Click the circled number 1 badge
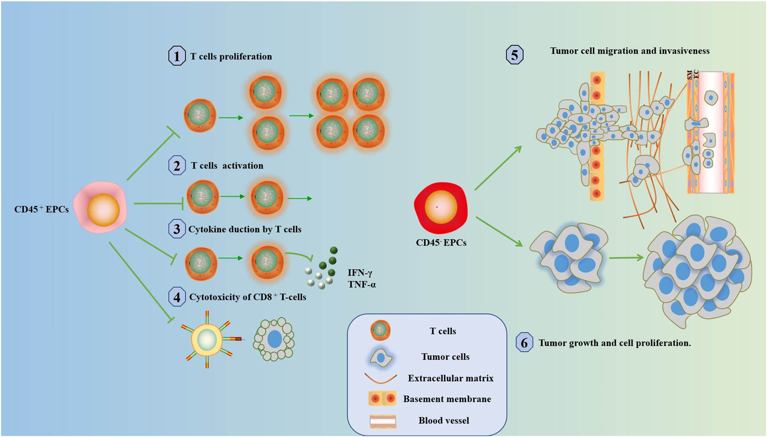pos(177,56)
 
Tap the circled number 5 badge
pos(514,55)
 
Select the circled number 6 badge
pos(524,343)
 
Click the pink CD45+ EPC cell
pos(100,208)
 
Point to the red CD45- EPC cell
pos(441,208)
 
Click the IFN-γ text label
pos(360,273)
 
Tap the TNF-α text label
pos(362,285)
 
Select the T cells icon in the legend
pos(380,330)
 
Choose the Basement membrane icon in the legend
pos(382,399)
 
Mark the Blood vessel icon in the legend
pos(383,421)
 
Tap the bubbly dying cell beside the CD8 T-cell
pos(274,339)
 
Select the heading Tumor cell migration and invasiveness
pos(630,51)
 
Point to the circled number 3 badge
pos(177,229)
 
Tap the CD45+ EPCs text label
pos(41,209)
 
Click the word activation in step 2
pos(243,166)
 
